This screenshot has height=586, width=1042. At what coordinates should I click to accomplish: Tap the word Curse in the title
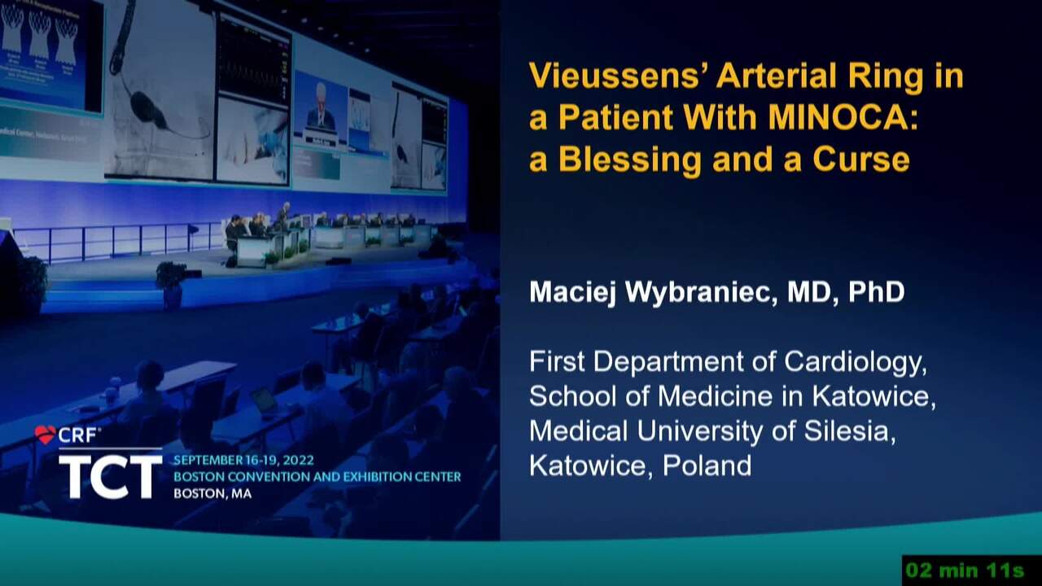point(860,159)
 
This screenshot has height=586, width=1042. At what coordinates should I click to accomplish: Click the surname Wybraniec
point(701,293)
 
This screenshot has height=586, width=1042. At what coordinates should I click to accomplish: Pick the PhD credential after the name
point(877,291)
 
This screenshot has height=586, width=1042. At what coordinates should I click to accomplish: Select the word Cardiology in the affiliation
point(856,363)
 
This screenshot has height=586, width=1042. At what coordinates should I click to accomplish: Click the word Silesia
point(849,431)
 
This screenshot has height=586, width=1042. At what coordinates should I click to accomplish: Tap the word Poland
point(707,465)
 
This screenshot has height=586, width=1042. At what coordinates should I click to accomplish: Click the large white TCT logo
point(111,476)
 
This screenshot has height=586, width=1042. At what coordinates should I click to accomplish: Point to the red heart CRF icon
point(45,435)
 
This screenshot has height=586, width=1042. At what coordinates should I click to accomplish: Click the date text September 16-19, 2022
point(243,461)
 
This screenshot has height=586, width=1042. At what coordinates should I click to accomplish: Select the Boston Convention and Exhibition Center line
point(317,477)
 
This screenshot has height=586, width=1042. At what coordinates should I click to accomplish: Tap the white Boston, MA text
point(212,493)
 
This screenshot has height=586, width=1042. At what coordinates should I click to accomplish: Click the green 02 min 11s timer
point(965,571)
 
